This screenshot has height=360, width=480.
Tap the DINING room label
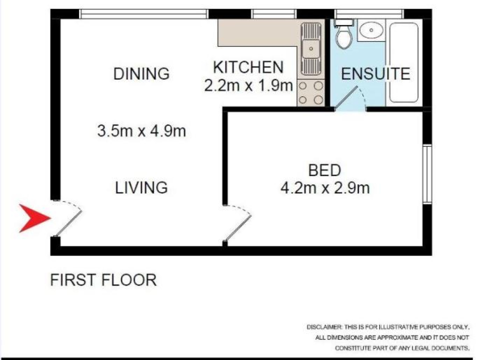point(141,73)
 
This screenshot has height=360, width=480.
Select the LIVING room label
point(141,187)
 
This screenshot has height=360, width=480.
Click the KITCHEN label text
point(248,67)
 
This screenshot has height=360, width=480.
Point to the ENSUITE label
point(375,74)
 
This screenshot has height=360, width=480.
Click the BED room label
point(324,170)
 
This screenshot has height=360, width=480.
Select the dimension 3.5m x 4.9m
point(141,131)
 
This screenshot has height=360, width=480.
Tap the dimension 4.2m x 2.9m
point(325,187)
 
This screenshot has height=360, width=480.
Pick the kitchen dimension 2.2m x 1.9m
point(248,85)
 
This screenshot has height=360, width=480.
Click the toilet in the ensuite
point(344,34)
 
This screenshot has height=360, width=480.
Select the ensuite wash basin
point(371,30)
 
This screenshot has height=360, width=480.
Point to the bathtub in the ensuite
point(404,62)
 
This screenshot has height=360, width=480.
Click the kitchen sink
point(311,49)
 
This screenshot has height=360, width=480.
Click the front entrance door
point(68,218)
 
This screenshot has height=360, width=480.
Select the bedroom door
point(237,223)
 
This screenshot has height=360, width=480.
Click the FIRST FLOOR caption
point(103,280)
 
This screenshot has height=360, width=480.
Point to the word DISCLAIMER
point(324,327)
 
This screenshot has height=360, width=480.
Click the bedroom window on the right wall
point(427,174)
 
